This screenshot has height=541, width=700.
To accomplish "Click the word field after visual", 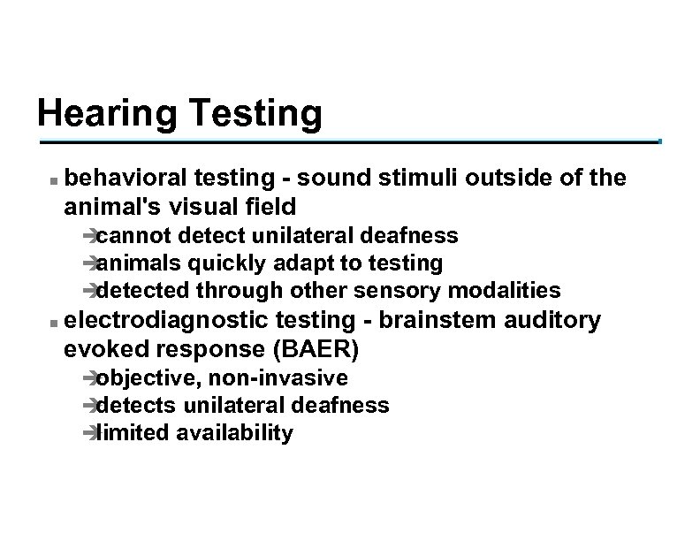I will [x=269, y=206].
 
